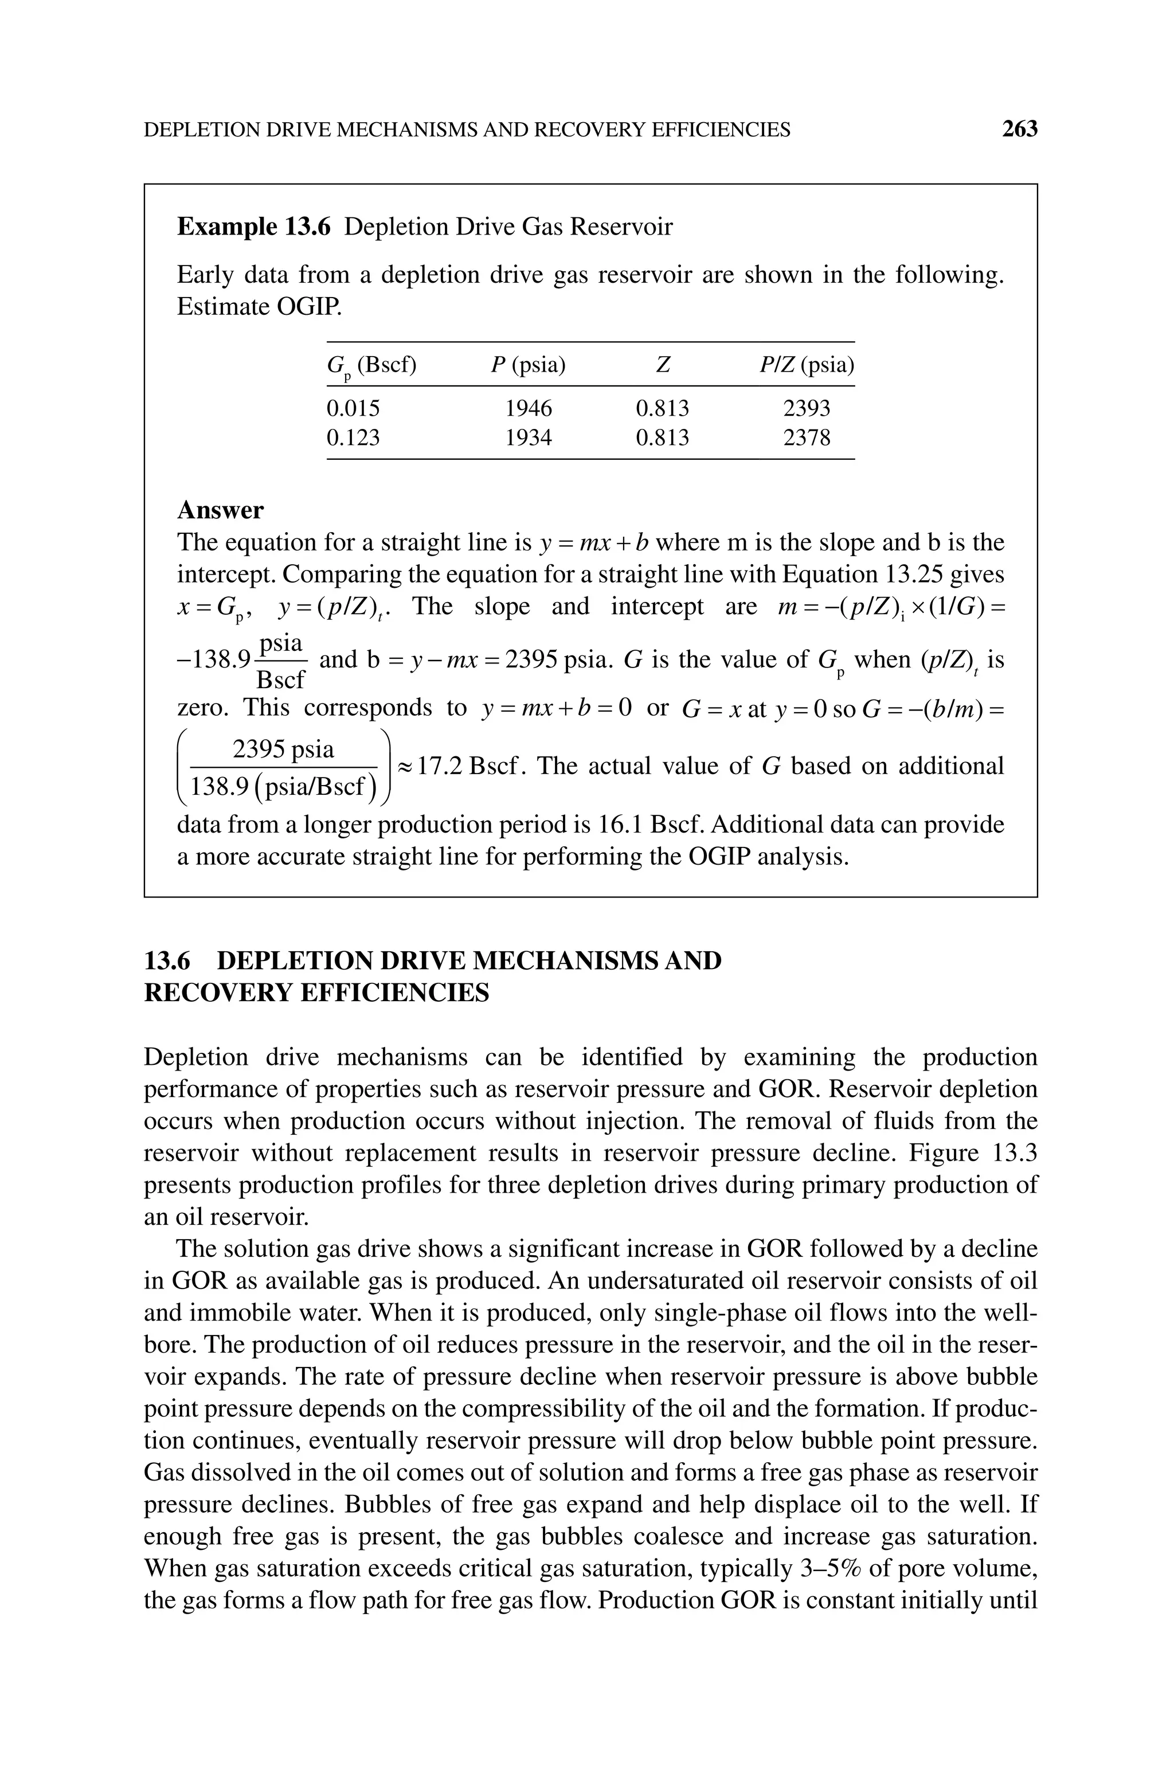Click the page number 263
click(1020, 130)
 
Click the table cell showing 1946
click(529, 408)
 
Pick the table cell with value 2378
click(807, 438)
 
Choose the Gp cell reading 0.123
click(353, 438)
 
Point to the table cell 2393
click(807, 408)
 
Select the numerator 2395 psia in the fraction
click(284, 749)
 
